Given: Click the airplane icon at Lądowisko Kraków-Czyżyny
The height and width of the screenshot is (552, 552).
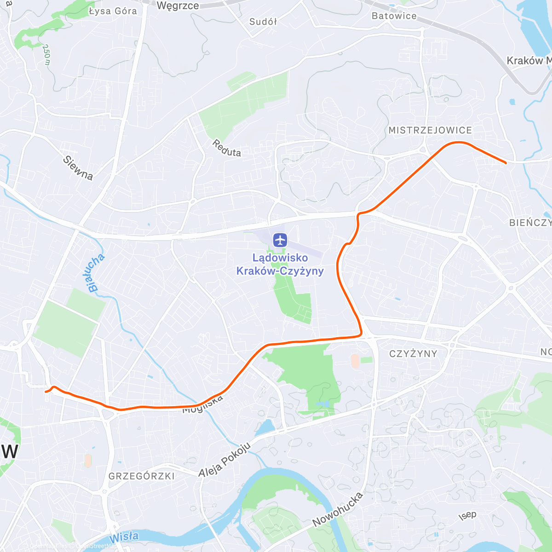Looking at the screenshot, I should [280, 240].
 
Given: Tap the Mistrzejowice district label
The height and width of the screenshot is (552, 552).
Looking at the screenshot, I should [430, 131].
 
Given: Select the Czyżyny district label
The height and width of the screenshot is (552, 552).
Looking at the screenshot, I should [413, 354].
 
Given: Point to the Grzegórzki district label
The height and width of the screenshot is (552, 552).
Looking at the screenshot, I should [142, 476].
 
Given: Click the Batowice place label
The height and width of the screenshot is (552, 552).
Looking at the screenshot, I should [394, 16].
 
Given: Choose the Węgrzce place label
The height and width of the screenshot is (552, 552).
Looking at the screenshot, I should [178, 6].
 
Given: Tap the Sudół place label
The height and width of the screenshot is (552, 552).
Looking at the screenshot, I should [263, 22].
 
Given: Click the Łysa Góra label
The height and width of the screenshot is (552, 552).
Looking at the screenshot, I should [113, 11].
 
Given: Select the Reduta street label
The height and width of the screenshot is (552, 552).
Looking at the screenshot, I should [227, 148].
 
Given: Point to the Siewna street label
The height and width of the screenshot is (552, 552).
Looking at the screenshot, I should [78, 168].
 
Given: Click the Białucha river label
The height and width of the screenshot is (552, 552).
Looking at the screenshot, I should [96, 273].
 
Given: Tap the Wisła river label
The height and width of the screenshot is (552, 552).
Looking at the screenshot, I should [124, 537].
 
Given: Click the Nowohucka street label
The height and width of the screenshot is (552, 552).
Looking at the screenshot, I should [338, 509].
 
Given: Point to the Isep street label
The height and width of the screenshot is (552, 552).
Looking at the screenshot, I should [467, 515].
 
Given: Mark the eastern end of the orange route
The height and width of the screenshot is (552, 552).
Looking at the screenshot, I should [506, 163].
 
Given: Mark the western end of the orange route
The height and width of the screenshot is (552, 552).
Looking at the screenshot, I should [45, 391].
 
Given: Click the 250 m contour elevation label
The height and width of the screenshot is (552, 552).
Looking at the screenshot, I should [46, 55].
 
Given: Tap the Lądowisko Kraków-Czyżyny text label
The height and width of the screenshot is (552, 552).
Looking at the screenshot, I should [280, 264].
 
